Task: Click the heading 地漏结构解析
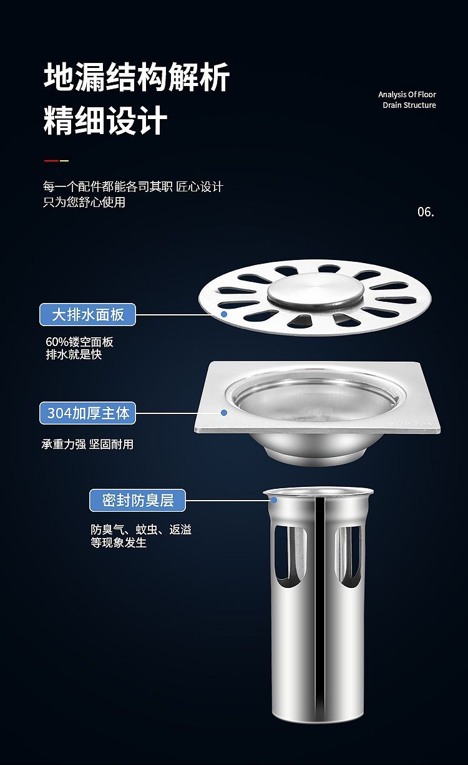coord(137,77)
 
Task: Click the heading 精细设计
coord(105,120)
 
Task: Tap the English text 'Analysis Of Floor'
coord(407,95)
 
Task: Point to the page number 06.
coord(426,212)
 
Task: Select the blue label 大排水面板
coord(88,314)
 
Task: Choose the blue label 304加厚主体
coord(88,413)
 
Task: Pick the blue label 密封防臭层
coord(137,500)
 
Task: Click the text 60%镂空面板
coord(79,342)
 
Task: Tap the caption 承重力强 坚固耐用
coord(87,445)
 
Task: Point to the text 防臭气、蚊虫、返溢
coord(141,530)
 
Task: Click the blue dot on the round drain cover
coord(224,314)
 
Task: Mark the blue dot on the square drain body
coord(224,413)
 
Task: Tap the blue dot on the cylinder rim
coord(274,500)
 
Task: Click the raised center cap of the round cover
coord(315,291)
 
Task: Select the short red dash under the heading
coord(51,160)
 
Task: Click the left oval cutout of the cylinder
coord(290,557)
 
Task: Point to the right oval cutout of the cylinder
coord(348,557)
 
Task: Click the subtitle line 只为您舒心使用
coord(84,202)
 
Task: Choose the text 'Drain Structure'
coord(409,105)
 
